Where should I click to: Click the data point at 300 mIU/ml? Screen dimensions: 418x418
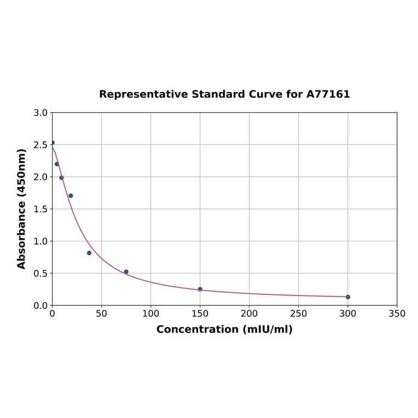point(347,297)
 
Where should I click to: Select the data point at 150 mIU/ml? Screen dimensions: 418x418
point(200,289)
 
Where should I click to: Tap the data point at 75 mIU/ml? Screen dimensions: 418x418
point(126,272)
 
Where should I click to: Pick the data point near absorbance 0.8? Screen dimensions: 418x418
point(89,253)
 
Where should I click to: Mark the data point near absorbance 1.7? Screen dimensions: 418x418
point(71,195)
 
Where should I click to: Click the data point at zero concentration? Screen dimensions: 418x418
point(52,143)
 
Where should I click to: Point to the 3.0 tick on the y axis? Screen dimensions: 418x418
point(40,113)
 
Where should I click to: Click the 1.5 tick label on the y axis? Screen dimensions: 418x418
point(40,209)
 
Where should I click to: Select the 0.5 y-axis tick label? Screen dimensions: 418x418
point(40,274)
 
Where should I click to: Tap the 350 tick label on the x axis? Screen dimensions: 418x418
point(397,313)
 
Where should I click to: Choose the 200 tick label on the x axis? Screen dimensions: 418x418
point(249,313)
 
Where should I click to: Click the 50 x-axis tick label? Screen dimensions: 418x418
point(101,313)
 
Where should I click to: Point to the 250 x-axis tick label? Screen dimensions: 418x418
point(298,313)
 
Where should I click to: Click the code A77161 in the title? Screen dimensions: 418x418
point(328,95)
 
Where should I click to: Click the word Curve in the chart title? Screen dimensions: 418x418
point(264,95)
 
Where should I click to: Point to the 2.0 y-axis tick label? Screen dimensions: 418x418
point(40,177)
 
